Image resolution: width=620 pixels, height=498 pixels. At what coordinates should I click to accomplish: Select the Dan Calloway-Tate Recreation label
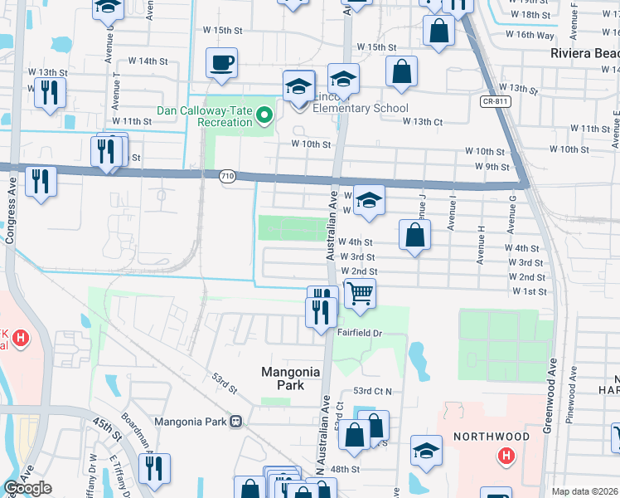click(x=205, y=116)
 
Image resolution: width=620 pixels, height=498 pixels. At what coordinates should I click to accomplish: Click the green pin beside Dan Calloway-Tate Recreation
click(x=264, y=115)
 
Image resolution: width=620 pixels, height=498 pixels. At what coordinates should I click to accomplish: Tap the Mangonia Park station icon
click(x=236, y=421)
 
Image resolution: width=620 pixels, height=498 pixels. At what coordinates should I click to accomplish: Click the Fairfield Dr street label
click(x=359, y=332)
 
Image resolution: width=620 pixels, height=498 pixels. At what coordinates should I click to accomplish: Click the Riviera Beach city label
click(x=585, y=53)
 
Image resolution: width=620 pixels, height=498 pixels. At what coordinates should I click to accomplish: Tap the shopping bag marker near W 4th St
click(x=415, y=235)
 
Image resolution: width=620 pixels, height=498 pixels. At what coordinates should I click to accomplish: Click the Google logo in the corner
click(x=27, y=488)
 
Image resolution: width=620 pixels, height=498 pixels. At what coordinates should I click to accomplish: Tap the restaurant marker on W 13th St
click(x=50, y=93)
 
